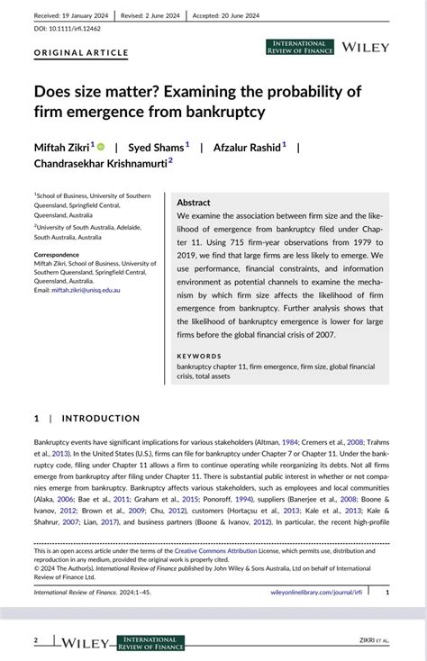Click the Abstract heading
(x=194, y=203)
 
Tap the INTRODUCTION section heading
(x=101, y=418)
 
